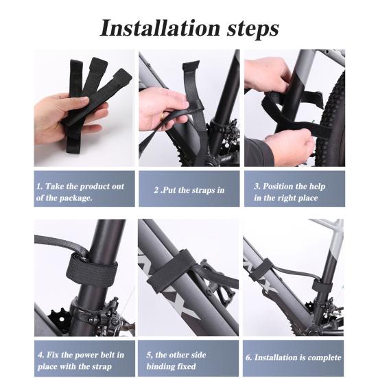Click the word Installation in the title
160,28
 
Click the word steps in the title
253,29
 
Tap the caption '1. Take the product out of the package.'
80,192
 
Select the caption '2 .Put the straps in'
189,190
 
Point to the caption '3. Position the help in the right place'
290,192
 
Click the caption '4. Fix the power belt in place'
81,361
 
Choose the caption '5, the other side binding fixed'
176,361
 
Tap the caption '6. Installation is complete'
294,357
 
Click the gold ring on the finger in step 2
163,116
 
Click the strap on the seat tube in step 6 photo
322,286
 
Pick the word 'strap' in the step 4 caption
101,367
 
